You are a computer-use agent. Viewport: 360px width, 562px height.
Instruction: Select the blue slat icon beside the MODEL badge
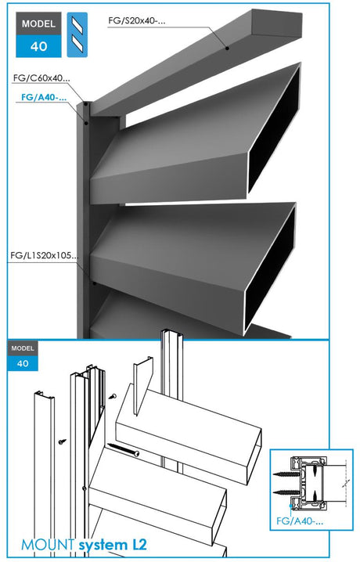tap(76, 34)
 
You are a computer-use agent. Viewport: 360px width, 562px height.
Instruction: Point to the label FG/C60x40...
tap(41, 78)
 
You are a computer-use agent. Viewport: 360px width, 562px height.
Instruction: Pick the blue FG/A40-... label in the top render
tap(40, 98)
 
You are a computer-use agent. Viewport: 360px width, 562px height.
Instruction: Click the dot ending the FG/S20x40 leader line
tap(228, 49)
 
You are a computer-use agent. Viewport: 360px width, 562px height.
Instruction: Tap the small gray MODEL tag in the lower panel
tap(23, 347)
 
